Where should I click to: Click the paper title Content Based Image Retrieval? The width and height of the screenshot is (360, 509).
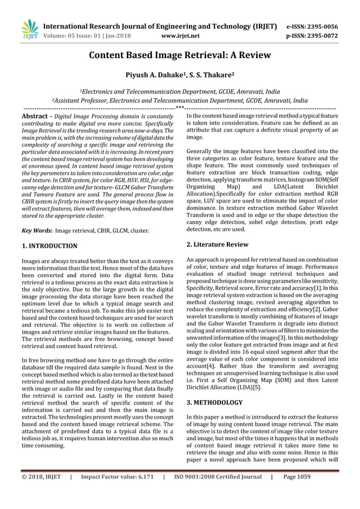[x=179, y=55]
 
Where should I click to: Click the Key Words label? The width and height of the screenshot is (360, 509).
[x=37, y=230]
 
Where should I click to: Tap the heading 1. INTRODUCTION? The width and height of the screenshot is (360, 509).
[x=49, y=246]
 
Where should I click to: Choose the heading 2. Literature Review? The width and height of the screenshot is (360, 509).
[x=217, y=244]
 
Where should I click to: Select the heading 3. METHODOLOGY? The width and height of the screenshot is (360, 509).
[x=214, y=402]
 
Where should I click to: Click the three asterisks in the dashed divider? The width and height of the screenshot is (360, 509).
[x=179, y=107]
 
